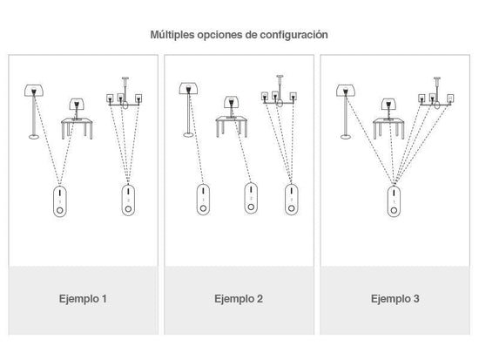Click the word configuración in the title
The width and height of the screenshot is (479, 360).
293,35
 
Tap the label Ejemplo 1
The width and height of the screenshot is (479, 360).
83,298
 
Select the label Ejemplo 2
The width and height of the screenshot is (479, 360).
239,298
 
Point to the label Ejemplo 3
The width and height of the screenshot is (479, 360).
395,298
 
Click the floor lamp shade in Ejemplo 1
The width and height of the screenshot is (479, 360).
34,91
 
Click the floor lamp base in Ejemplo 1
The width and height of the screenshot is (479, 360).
34,136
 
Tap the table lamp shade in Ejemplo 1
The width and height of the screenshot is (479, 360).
77,104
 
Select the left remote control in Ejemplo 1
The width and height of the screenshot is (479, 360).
60,201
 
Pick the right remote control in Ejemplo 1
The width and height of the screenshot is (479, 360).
128,200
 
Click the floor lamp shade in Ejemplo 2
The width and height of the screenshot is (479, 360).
188,88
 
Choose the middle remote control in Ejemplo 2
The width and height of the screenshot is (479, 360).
251,198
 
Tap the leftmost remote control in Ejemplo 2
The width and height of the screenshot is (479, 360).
203,199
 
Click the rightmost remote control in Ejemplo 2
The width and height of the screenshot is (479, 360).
292,200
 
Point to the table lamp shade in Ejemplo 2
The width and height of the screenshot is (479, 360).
232,102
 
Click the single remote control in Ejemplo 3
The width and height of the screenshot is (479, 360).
394,201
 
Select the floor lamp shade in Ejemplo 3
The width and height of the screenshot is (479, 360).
346,91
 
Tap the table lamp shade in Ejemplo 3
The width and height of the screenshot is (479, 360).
388,105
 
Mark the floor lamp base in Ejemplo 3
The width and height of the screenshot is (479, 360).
346,136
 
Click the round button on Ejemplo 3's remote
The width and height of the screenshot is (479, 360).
394,210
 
